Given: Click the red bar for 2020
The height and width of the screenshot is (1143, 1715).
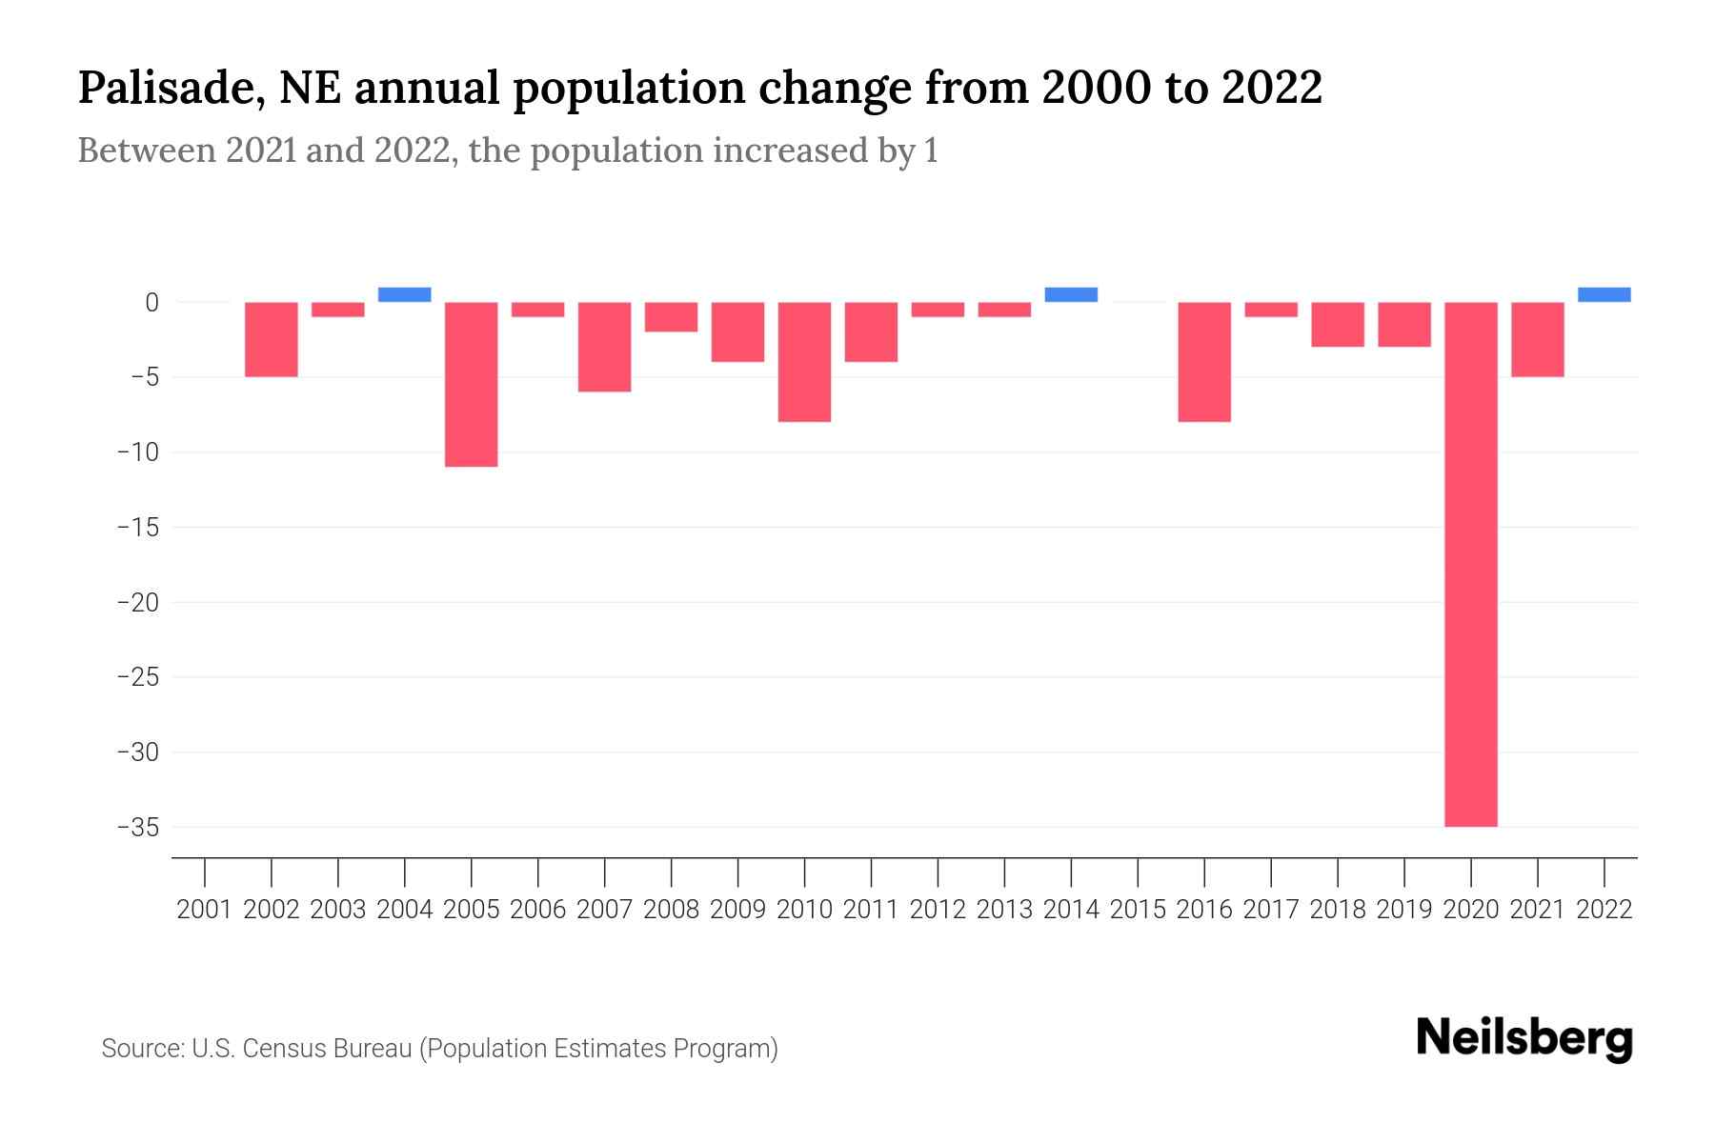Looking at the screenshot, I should click(1470, 564).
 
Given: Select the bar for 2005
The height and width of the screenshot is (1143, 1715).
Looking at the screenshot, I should click(471, 384).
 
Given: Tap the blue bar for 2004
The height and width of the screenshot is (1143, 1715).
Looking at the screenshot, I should click(404, 294).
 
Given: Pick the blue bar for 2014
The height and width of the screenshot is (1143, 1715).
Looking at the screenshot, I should click(1071, 294).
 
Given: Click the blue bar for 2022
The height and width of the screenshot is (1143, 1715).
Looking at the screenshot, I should click(1604, 294).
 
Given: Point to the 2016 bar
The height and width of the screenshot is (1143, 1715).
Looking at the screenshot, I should click(1204, 362).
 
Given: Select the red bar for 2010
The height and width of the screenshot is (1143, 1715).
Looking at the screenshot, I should click(804, 362).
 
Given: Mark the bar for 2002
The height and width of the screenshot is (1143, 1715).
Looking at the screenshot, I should click(272, 339).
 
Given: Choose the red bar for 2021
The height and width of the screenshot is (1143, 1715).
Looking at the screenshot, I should click(1537, 339).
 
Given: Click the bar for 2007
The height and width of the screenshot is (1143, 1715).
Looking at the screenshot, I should click(604, 347).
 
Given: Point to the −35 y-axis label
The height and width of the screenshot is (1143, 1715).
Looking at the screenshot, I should click(138, 827).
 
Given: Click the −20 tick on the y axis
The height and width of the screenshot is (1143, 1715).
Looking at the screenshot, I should click(138, 602).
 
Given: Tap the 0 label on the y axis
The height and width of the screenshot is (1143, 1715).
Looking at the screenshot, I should click(151, 303).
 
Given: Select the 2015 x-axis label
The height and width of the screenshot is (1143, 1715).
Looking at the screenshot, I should click(1138, 910).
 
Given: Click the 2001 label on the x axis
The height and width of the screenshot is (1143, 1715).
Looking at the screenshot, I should click(205, 910).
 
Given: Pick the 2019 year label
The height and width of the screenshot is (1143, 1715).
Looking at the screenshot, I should click(1403, 910).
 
